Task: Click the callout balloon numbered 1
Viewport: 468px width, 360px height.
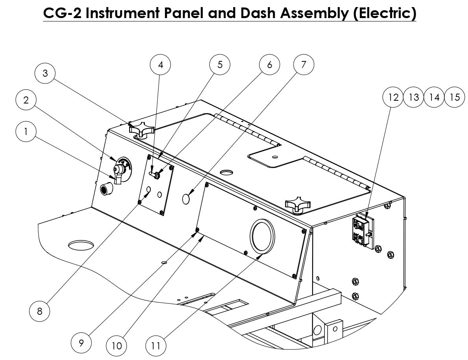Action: click(26, 132)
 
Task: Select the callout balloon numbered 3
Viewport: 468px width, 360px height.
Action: click(45, 73)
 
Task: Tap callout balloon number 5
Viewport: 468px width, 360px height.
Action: click(220, 65)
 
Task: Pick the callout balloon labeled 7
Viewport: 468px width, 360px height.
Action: click(303, 65)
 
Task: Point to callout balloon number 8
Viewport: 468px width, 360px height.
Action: click(40, 311)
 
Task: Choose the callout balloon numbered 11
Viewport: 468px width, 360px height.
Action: click(156, 346)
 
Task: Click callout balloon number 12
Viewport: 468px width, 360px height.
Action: click(393, 97)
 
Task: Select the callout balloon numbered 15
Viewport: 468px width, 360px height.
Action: click(455, 97)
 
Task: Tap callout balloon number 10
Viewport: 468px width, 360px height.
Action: click(117, 346)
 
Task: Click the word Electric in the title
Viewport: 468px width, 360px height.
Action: click(384, 13)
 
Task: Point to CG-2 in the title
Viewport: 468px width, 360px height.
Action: click(62, 13)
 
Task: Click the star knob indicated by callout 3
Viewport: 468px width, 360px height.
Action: click(139, 130)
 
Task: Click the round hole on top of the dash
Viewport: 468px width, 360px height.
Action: click(227, 172)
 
